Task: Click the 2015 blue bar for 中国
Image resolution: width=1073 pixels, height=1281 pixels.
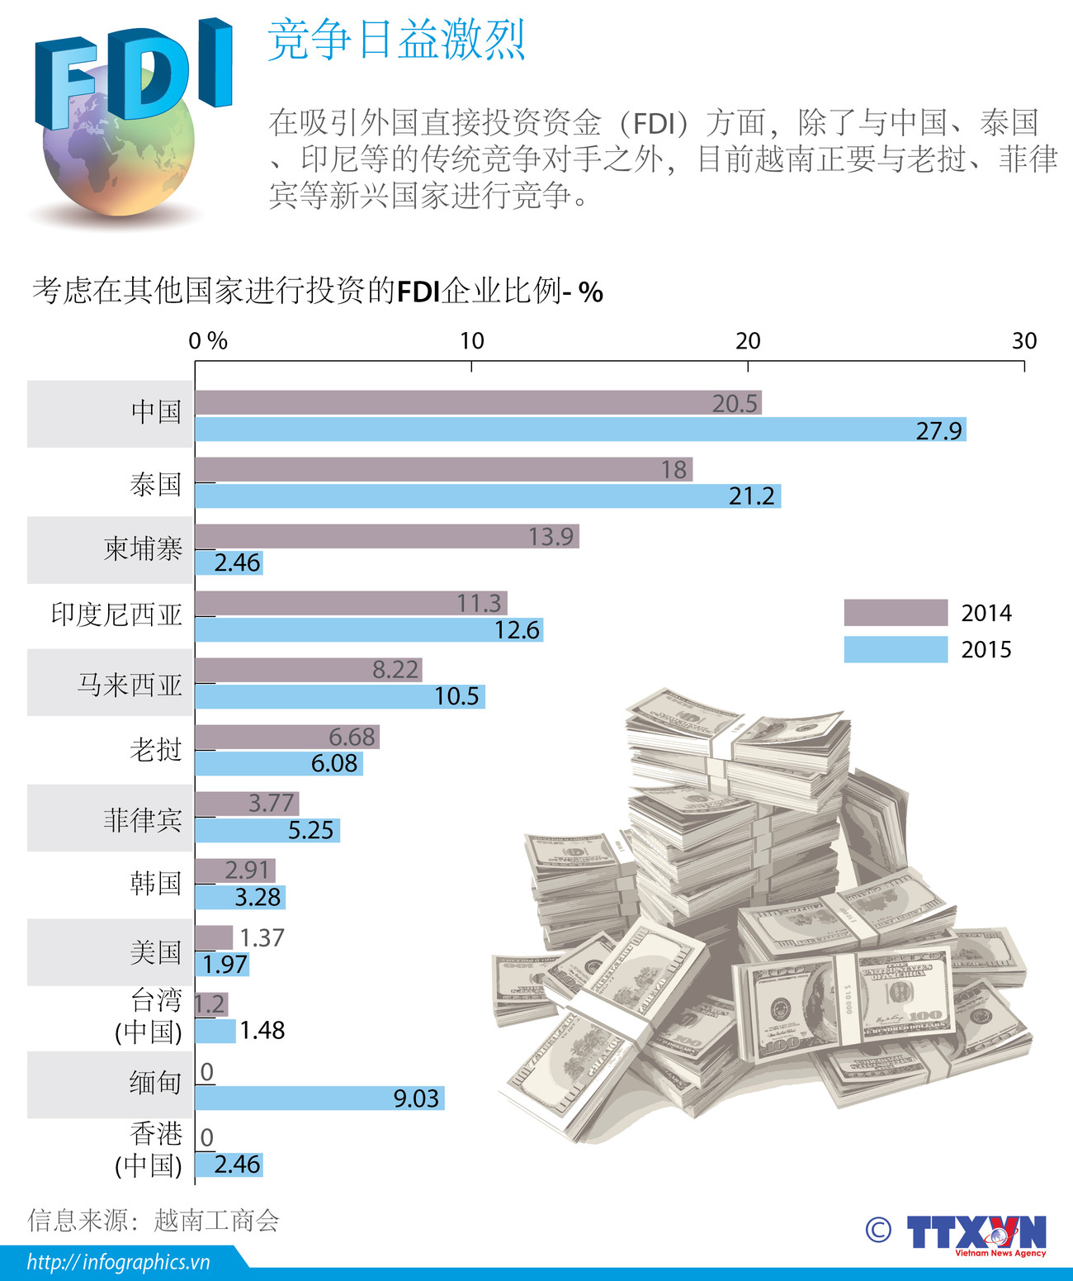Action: pyautogui.click(x=580, y=429)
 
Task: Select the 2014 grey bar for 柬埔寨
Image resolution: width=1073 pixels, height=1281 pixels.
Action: pyautogui.click(x=386, y=536)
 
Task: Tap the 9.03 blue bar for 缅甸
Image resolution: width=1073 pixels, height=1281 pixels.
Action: pyautogui.click(x=319, y=1098)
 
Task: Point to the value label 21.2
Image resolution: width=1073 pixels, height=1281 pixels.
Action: pyautogui.click(x=752, y=496)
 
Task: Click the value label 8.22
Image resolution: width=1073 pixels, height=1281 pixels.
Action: pyautogui.click(x=395, y=670)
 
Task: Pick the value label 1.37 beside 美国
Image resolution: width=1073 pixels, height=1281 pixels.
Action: pyautogui.click(x=262, y=937)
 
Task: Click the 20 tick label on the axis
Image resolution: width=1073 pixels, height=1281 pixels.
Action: pyautogui.click(x=748, y=340)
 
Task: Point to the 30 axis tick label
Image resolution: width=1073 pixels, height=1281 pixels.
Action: pyautogui.click(x=1024, y=340)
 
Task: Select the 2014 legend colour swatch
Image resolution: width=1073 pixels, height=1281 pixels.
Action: pyautogui.click(x=896, y=613)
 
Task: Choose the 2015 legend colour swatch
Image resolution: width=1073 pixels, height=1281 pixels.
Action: pyautogui.click(x=896, y=649)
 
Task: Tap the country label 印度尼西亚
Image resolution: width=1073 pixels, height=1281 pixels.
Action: pyautogui.click(x=116, y=614)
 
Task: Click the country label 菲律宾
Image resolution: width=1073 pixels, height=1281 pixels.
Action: pyautogui.click(x=143, y=820)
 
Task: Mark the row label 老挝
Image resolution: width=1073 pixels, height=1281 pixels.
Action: pyautogui.click(x=156, y=749)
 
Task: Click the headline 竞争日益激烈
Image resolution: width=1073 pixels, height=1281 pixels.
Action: pyautogui.click(x=397, y=40)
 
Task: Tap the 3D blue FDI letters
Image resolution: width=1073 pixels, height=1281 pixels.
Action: pyautogui.click(x=132, y=74)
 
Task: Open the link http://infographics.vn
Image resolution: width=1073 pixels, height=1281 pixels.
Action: pyautogui.click(x=119, y=1262)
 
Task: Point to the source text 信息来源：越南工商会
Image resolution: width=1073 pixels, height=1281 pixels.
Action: pyautogui.click(x=154, y=1220)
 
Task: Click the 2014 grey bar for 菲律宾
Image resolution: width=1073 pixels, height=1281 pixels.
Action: pyautogui.click(x=247, y=804)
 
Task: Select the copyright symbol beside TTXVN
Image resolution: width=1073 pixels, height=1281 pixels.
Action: pyautogui.click(x=878, y=1230)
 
